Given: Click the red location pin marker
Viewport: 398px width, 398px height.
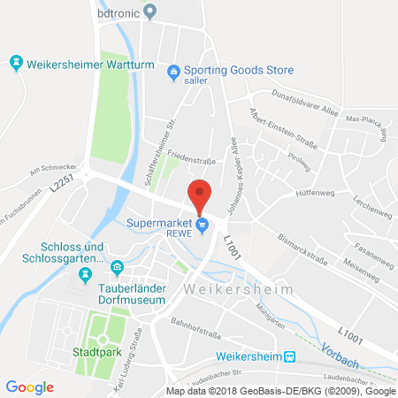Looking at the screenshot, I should (x=202, y=194).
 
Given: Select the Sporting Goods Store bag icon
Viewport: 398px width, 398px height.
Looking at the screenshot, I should (x=174, y=71).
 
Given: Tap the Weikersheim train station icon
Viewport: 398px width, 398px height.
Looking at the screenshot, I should (x=288, y=356).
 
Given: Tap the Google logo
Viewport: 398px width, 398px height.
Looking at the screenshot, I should (x=29, y=387).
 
